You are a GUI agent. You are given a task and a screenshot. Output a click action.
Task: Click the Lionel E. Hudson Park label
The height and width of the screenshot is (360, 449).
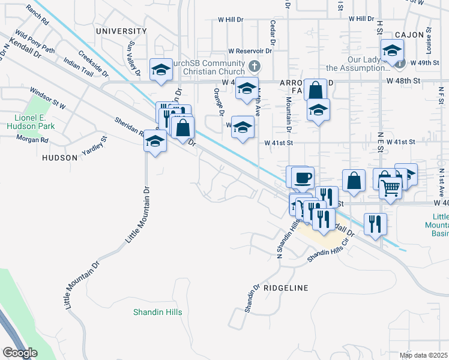coord(31,122)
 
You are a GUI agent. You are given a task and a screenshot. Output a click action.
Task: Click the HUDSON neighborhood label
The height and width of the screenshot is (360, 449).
coord(59,158)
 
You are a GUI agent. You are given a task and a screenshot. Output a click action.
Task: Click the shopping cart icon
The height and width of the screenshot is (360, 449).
coord(391,188)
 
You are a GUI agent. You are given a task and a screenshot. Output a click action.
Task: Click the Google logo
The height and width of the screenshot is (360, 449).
coord(20,353)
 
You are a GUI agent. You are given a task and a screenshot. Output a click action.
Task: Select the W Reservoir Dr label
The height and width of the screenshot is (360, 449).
coord(250,51)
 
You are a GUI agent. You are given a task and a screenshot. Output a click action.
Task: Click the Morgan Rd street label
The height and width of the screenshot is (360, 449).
coord(32,140)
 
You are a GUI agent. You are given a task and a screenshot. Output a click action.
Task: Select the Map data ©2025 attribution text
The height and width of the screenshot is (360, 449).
coord(424,355)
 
